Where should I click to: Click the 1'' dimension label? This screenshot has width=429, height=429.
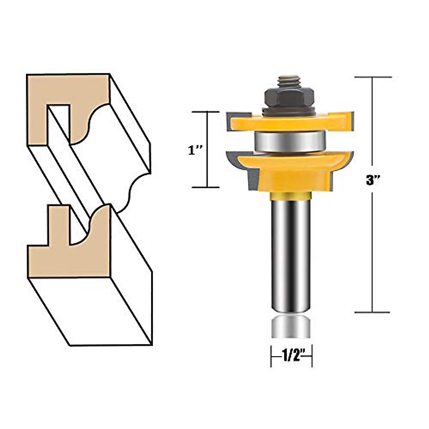coord(196,151)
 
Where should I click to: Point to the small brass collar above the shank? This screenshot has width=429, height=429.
coord(290,196)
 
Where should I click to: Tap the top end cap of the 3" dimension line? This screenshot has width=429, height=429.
coord(373,77)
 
